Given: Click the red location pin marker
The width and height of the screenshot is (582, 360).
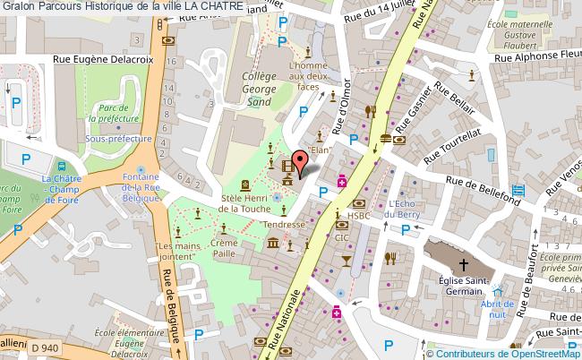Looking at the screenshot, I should [302, 161].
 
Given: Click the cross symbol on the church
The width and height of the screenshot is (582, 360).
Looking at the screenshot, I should [464, 264].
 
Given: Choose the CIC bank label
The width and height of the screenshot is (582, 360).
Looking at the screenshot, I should [341, 238].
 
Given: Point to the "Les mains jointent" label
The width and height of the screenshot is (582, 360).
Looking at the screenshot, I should [175, 252].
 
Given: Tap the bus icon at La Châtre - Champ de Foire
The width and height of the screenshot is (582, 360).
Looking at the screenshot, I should [61, 167].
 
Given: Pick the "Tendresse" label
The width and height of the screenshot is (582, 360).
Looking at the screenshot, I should [283, 225].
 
